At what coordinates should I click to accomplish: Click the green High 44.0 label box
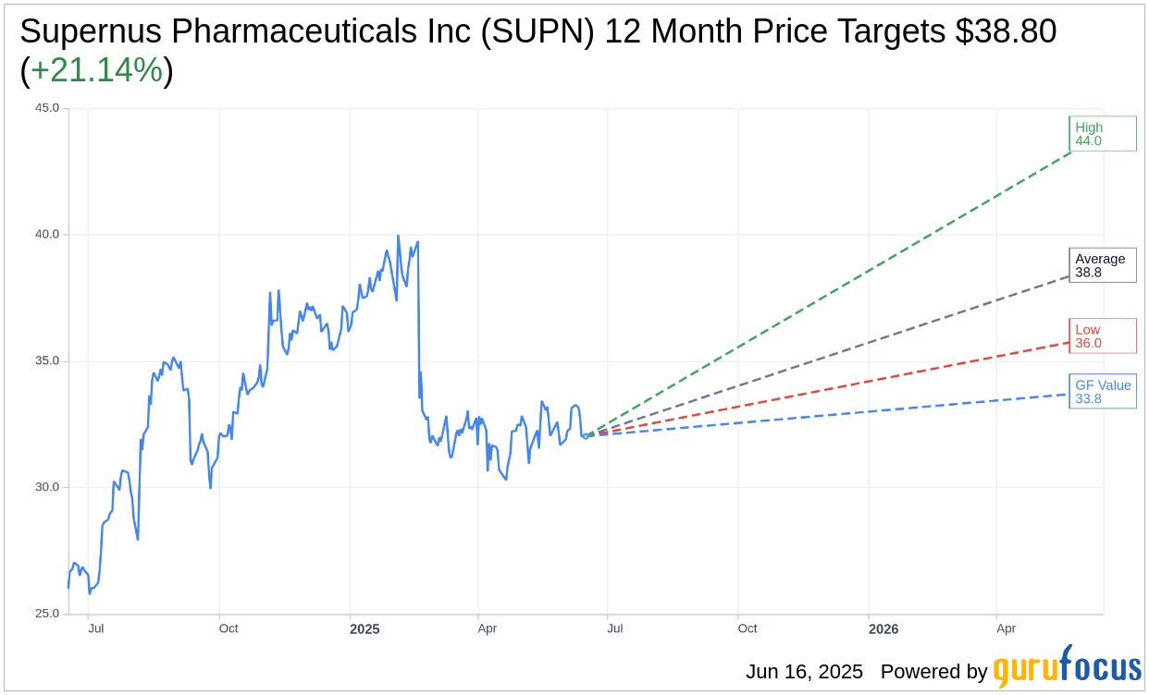(1102, 134)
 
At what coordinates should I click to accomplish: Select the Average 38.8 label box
(1102, 265)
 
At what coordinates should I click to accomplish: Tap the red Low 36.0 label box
(1102, 336)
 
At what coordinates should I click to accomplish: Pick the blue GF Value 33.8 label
(1102, 392)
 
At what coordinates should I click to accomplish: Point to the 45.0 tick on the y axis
(47, 108)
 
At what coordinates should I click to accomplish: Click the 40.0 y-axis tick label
(47, 235)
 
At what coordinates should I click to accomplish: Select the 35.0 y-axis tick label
(47, 361)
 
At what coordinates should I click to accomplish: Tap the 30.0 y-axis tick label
(47, 487)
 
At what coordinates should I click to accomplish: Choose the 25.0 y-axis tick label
(47, 614)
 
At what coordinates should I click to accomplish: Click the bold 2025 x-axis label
(364, 629)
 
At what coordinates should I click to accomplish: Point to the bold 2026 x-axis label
(883, 629)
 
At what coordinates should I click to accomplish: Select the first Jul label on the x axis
(95, 628)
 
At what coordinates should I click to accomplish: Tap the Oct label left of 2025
(229, 628)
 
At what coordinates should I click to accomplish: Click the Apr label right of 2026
(1006, 628)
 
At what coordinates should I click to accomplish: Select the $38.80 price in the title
(1007, 31)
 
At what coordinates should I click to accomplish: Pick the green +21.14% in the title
(96, 70)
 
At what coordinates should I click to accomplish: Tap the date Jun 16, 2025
(804, 672)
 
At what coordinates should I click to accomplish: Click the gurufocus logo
(1067, 667)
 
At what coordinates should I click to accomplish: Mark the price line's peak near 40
(398, 236)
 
